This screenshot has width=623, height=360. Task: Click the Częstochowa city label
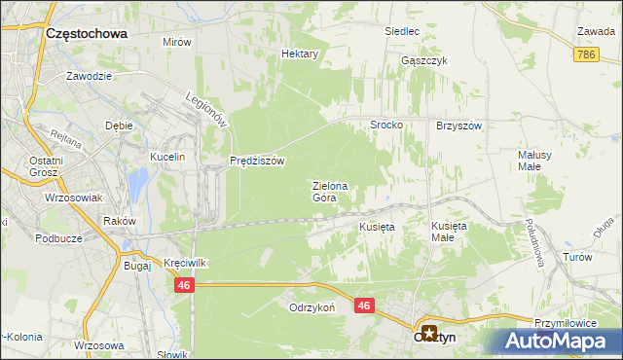click(x=87, y=33)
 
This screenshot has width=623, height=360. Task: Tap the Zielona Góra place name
click(x=329, y=191)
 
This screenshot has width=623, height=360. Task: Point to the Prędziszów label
click(x=257, y=162)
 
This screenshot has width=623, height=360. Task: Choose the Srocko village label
click(x=386, y=126)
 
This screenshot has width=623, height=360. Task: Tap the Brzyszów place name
click(x=459, y=126)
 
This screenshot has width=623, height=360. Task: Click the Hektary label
click(x=300, y=54)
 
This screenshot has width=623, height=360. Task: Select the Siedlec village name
click(x=401, y=31)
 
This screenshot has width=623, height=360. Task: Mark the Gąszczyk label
click(x=423, y=59)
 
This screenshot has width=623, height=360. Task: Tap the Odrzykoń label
click(x=311, y=307)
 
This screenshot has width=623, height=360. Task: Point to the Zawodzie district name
click(x=90, y=75)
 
